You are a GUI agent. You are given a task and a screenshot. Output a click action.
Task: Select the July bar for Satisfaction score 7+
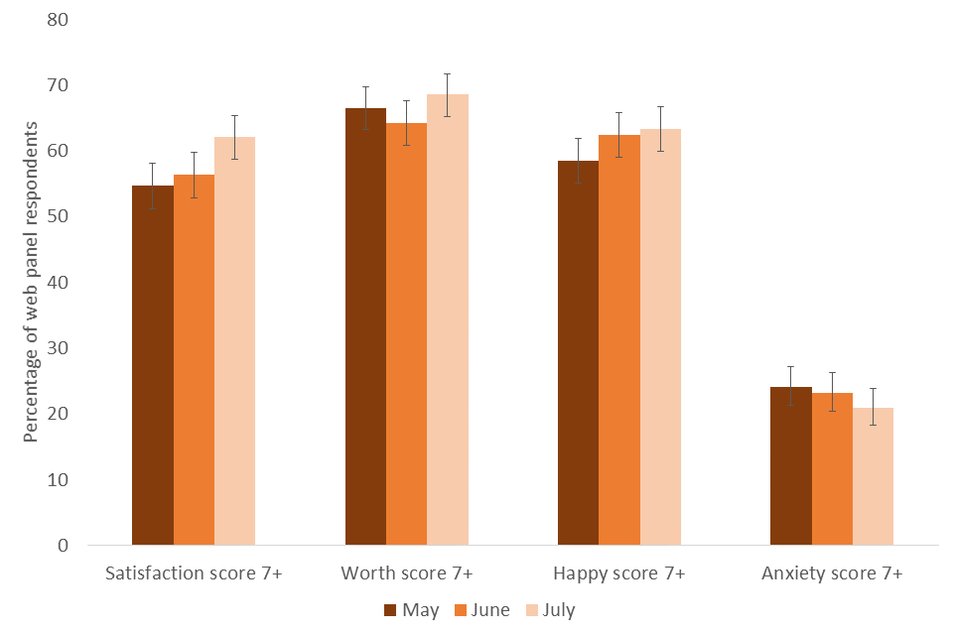pyautogui.click(x=234, y=341)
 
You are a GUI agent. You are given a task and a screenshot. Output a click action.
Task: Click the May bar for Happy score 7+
pyautogui.click(x=578, y=352)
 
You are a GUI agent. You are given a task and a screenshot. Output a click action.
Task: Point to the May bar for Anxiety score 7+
pyautogui.click(x=791, y=465)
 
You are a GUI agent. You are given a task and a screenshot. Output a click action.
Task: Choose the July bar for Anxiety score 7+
pyautogui.click(x=873, y=476)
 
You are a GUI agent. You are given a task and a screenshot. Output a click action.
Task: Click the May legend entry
pyautogui.click(x=412, y=610)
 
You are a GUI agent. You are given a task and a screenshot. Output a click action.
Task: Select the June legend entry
pyautogui.click(x=481, y=610)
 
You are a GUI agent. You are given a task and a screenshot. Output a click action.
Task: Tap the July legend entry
pyautogui.click(x=551, y=610)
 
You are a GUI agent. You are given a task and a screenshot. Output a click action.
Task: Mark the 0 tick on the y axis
pyautogui.click(x=63, y=546)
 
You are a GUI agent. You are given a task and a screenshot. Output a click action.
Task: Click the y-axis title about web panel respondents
pyautogui.click(x=31, y=282)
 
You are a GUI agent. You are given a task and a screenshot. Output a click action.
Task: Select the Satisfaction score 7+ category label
pyautogui.click(x=194, y=573)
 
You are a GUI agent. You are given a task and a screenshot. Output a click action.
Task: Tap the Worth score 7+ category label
pyautogui.click(x=407, y=573)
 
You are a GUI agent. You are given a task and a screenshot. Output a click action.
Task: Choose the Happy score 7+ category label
pyautogui.click(x=618, y=573)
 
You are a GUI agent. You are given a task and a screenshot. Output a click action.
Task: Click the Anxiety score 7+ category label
pyautogui.click(x=832, y=573)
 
